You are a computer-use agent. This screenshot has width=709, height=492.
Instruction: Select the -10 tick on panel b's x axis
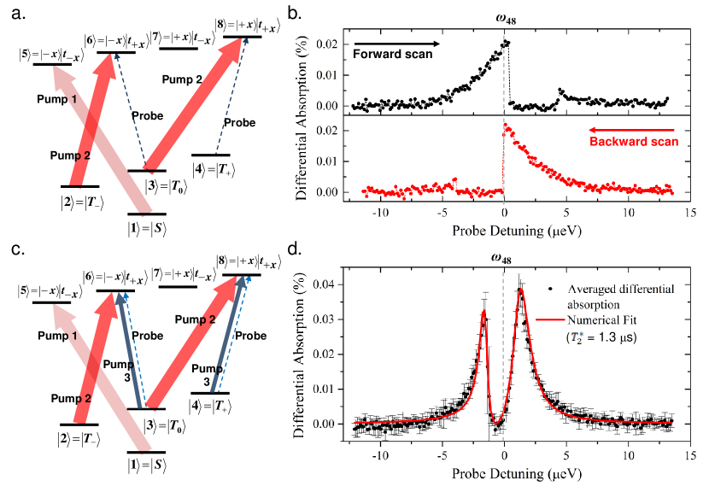(380, 211)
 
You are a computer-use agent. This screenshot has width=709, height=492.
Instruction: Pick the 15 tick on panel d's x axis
(690, 455)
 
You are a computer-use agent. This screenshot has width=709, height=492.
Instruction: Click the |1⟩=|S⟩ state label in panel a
(145, 229)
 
